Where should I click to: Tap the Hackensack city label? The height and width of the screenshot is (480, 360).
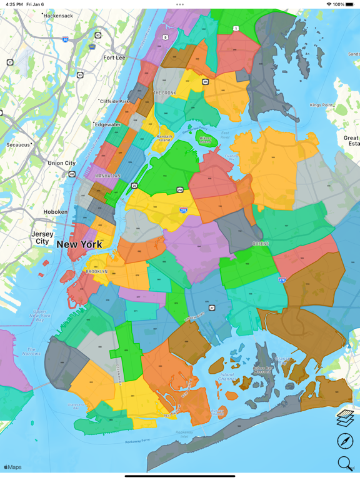pyautogui.click(x=58, y=16)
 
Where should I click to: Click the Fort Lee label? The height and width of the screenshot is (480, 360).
pyautogui.click(x=114, y=57)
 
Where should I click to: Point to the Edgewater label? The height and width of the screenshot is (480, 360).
pyautogui.click(x=108, y=124)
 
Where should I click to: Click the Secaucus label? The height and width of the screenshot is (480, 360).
pyautogui.click(x=18, y=144)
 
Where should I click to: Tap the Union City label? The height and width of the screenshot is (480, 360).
pyautogui.click(x=61, y=163)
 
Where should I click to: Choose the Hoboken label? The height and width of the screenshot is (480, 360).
pyautogui.click(x=56, y=212)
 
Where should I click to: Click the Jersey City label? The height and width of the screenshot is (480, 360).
pyautogui.click(x=42, y=237)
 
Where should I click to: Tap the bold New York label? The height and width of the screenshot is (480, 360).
pyautogui.click(x=79, y=244)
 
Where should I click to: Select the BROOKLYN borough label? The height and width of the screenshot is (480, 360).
pyautogui.click(x=97, y=272)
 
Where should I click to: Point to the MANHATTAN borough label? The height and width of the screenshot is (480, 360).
pyautogui.click(x=108, y=176)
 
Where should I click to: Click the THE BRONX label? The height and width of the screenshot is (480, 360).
pyautogui.click(x=165, y=93)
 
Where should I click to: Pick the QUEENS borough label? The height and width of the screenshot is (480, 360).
pyautogui.click(x=261, y=244)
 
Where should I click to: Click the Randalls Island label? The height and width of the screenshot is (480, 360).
pyautogui.click(x=164, y=138)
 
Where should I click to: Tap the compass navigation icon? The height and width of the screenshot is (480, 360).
pyautogui.click(x=345, y=441)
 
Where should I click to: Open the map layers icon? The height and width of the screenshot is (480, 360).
pyautogui.click(x=345, y=417)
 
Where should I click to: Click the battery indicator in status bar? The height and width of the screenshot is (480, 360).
pyautogui.click(x=349, y=4)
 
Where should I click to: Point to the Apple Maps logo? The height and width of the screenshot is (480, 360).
pyautogui.click(x=12, y=467)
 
